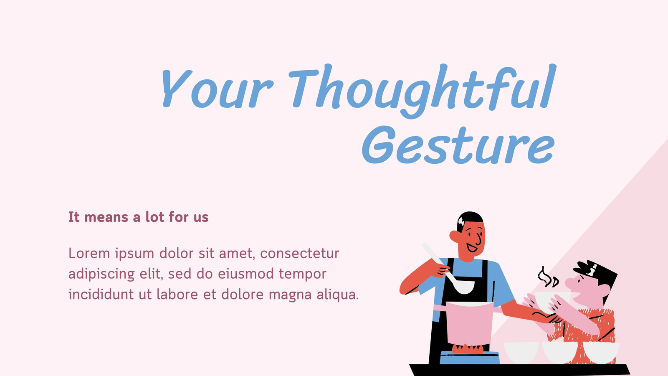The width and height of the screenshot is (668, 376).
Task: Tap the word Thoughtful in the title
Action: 422,91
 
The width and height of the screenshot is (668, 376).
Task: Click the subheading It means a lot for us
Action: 138,217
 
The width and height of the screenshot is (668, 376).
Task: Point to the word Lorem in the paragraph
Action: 89,253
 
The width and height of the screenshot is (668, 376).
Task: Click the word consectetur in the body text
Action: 300,254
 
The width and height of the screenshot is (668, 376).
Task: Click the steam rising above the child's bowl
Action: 548,277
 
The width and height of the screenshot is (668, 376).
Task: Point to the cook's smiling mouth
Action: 472,248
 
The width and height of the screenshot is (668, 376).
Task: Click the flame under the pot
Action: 468,348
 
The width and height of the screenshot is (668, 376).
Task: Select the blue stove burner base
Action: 469,358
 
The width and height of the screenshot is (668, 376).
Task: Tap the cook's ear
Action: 455,236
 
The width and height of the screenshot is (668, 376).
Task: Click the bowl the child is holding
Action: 551,300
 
